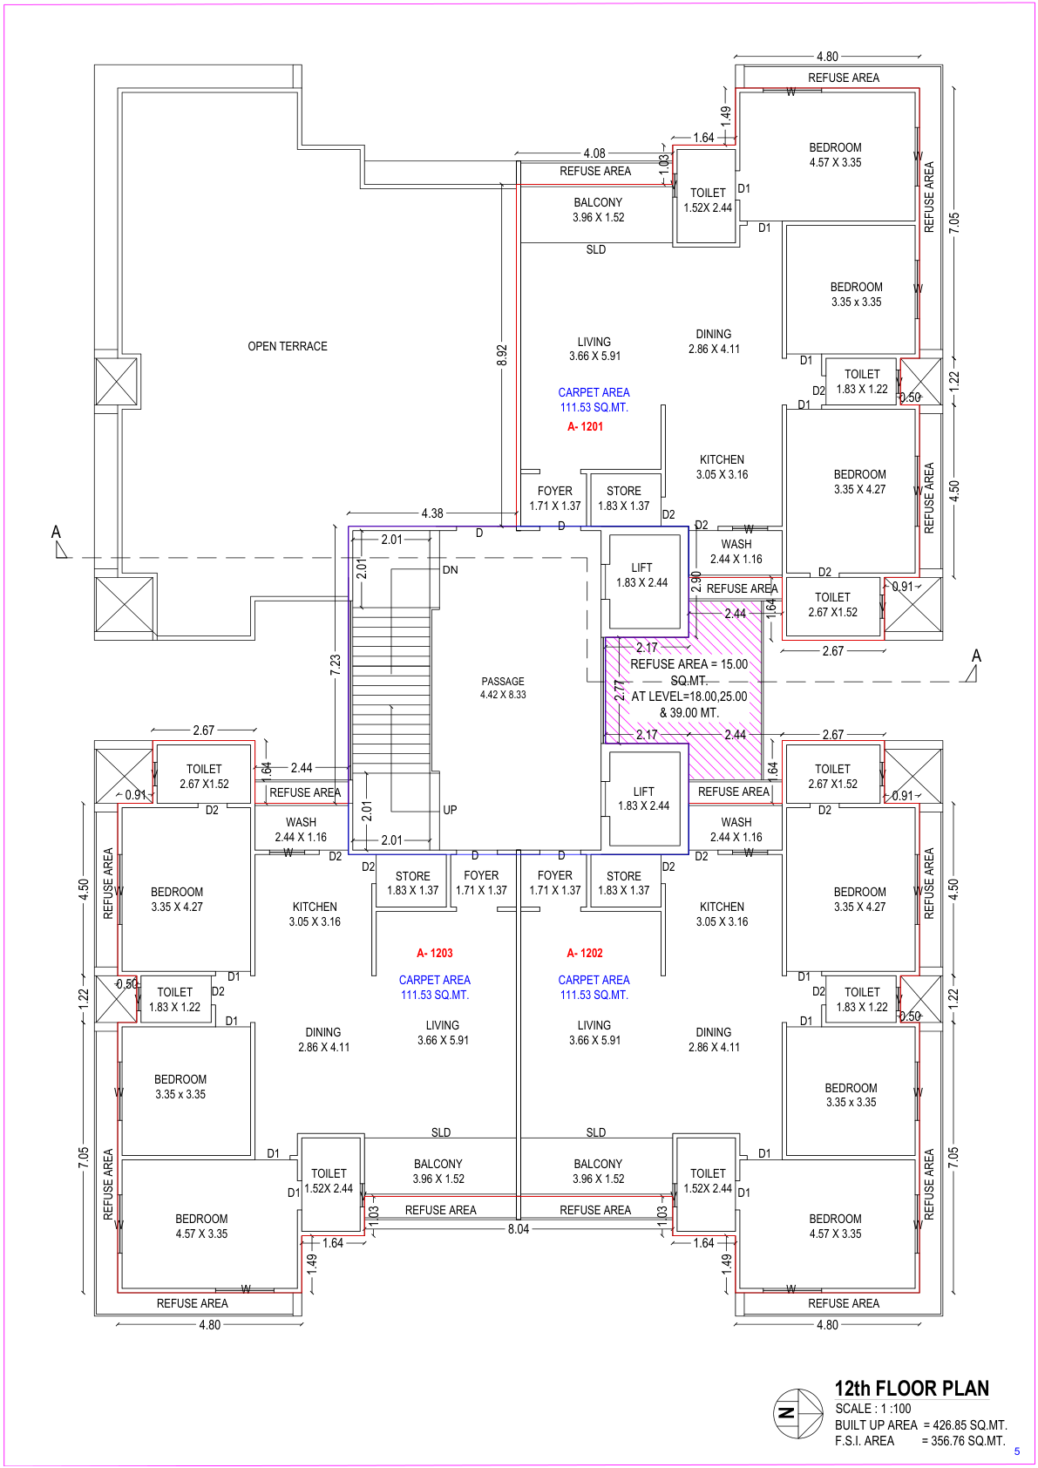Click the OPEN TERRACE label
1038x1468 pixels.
click(287, 346)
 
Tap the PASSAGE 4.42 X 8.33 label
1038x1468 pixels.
click(503, 688)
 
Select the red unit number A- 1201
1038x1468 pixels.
click(585, 426)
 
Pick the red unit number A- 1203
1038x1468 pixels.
click(435, 953)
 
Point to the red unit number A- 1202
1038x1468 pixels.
click(585, 953)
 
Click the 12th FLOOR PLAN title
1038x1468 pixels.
click(912, 1389)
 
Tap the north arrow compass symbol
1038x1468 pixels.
click(797, 1414)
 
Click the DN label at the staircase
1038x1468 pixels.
click(451, 569)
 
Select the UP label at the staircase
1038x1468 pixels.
click(450, 810)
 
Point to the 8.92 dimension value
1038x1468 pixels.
click(502, 355)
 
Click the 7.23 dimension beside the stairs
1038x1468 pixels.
click(336, 665)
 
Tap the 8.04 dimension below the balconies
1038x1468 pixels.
click(519, 1229)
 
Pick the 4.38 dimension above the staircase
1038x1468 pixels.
click(432, 513)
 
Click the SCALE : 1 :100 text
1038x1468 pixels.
click(873, 1409)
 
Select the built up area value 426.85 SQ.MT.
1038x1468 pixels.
click(970, 1425)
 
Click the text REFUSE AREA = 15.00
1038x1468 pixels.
click(689, 664)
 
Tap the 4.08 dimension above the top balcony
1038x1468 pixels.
click(594, 153)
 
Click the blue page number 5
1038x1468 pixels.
click(1017, 1451)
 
